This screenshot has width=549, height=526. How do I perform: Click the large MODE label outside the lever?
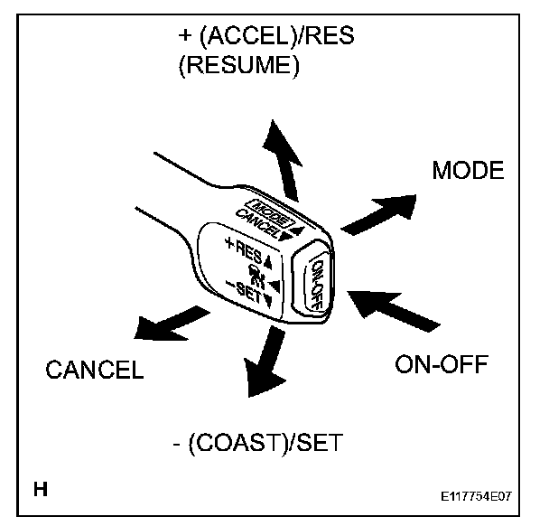click(x=467, y=171)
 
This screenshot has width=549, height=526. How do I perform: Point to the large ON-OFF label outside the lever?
click(x=441, y=364)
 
